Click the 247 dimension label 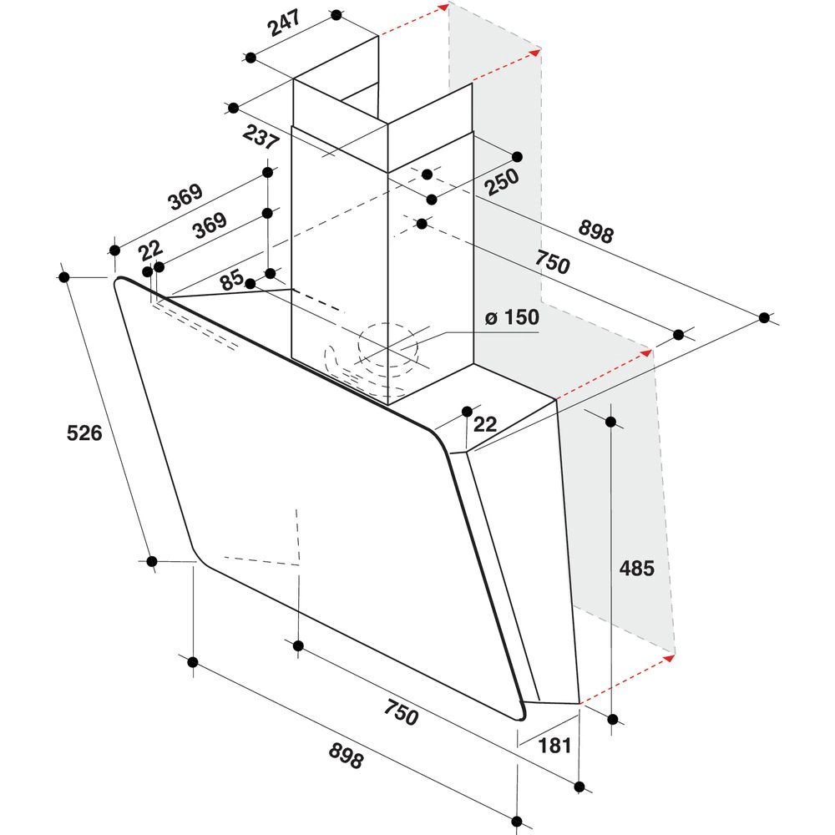[285, 23]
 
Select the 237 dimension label [261, 137]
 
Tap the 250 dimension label [501, 181]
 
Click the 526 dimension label [84, 433]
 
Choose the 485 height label [636, 568]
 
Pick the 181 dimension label [555, 746]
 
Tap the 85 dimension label [232, 280]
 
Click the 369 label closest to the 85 [210, 225]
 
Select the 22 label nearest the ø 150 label [484, 424]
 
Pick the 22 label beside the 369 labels [151, 250]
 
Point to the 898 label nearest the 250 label [596, 230]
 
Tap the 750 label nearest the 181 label [401, 712]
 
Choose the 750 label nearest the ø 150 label [552, 261]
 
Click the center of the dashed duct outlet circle [387, 347]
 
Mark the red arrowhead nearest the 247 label [443, 6]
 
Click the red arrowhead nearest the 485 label [668, 658]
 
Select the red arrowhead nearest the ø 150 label [646, 352]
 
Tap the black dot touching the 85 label [250, 284]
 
